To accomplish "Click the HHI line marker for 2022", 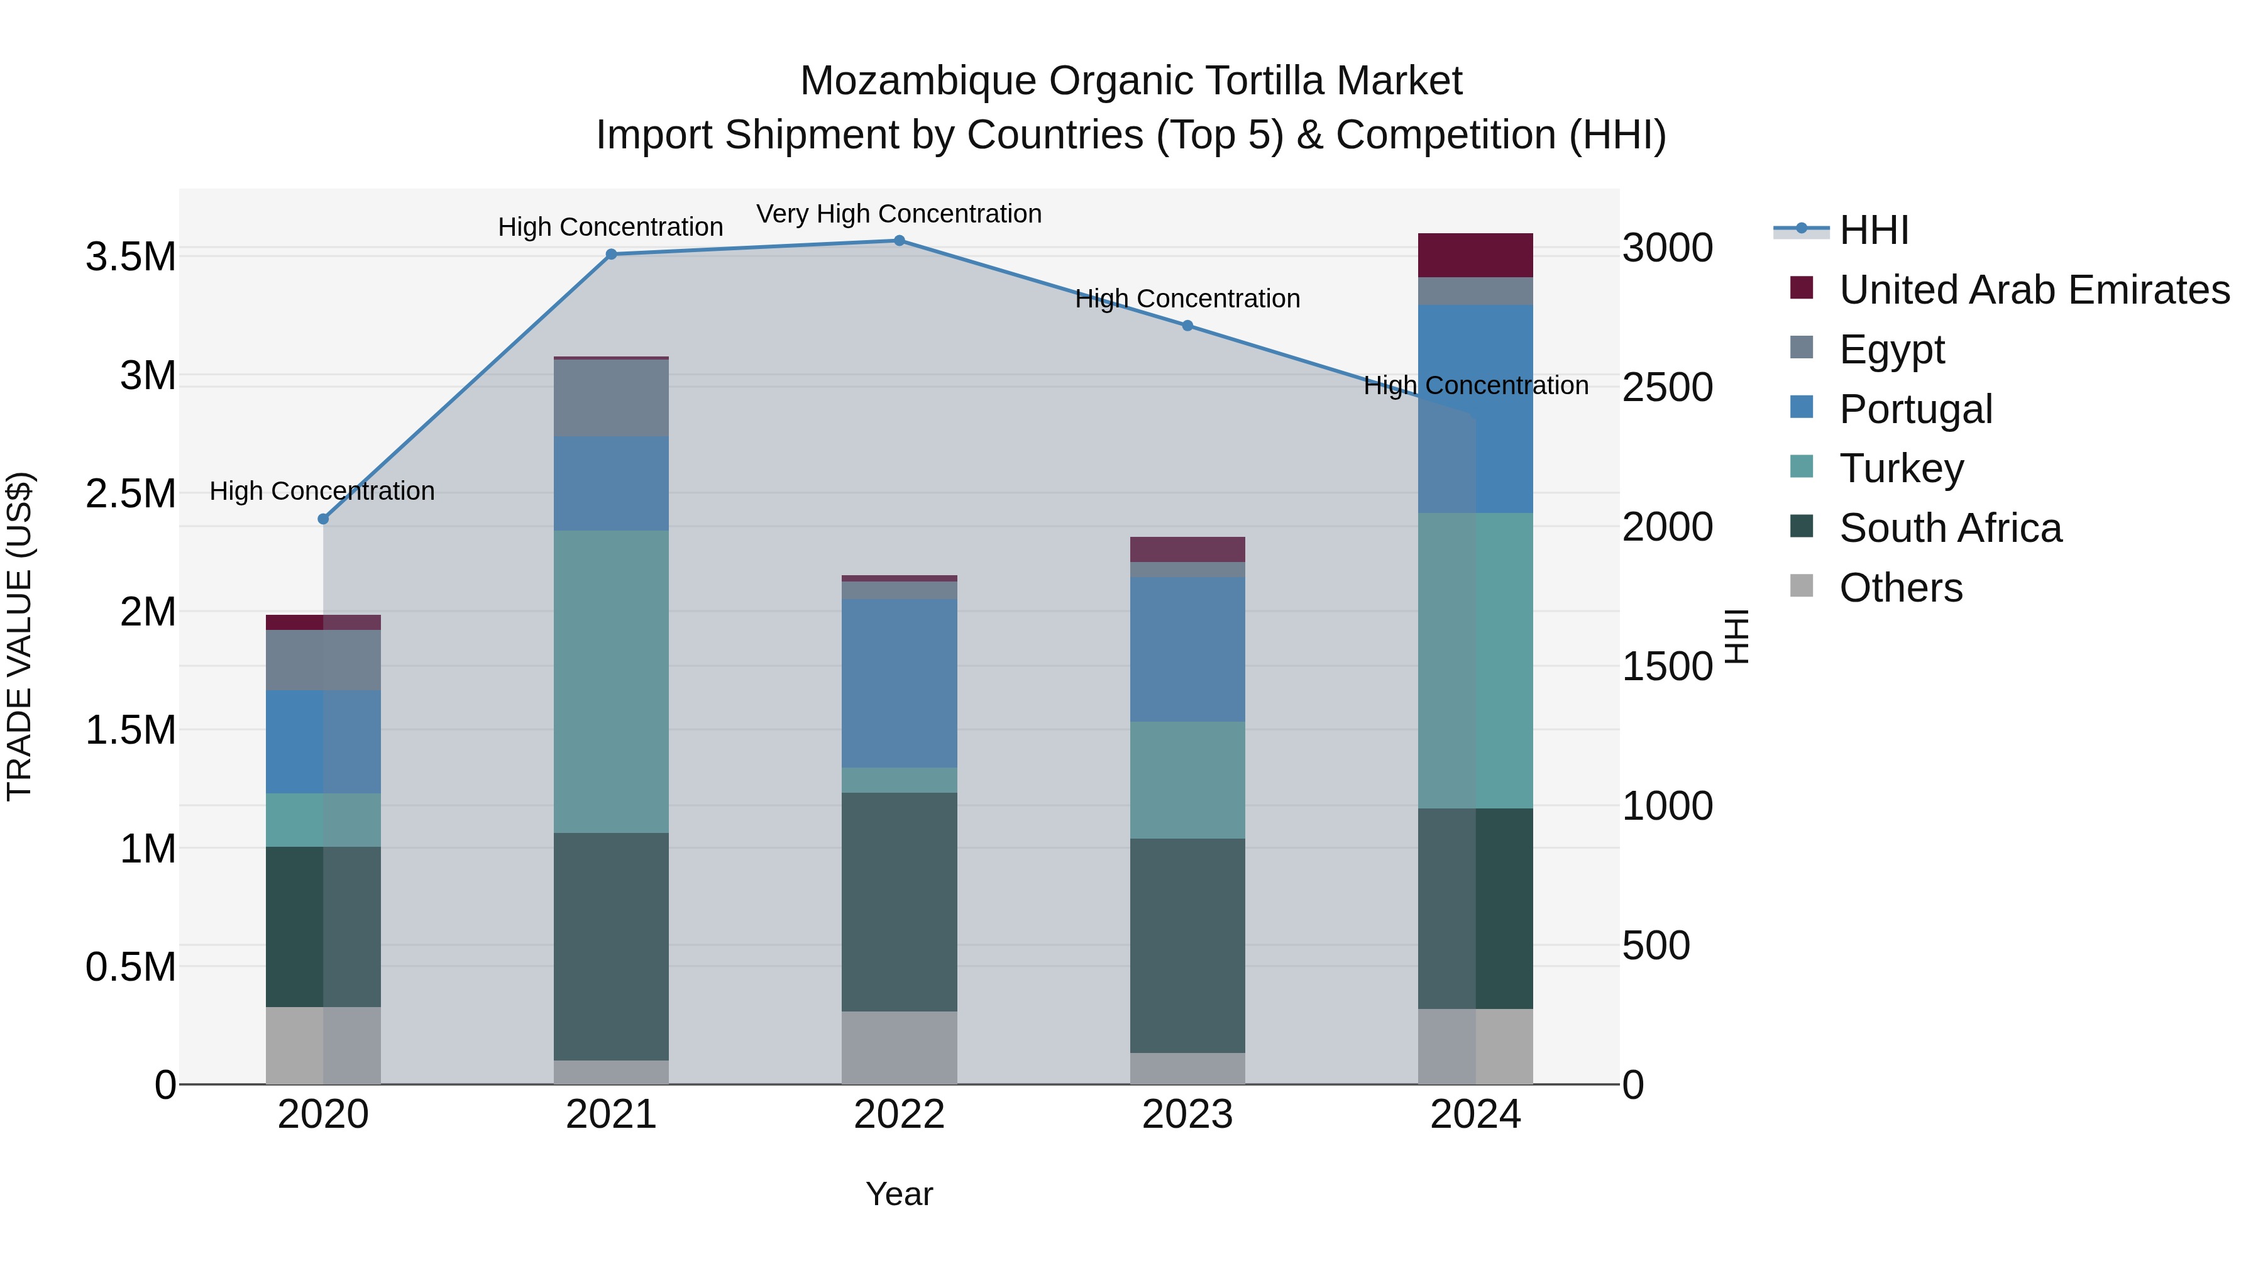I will [x=899, y=241].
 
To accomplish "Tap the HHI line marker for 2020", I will [x=323, y=519].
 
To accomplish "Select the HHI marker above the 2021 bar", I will [x=612, y=255].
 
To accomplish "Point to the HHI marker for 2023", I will [x=1187, y=326].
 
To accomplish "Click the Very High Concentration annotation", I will [x=899, y=214].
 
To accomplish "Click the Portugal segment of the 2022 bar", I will [x=899, y=683].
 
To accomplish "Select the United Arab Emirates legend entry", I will [x=2034, y=290].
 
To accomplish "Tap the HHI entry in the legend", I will [x=1873, y=230].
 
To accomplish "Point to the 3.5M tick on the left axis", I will [x=130, y=257].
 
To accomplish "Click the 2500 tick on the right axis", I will [x=1666, y=387].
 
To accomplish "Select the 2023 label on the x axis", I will [x=1187, y=1115].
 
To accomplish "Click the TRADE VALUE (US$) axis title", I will [x=19, y=636].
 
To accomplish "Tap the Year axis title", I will [x=899, y=1194].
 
